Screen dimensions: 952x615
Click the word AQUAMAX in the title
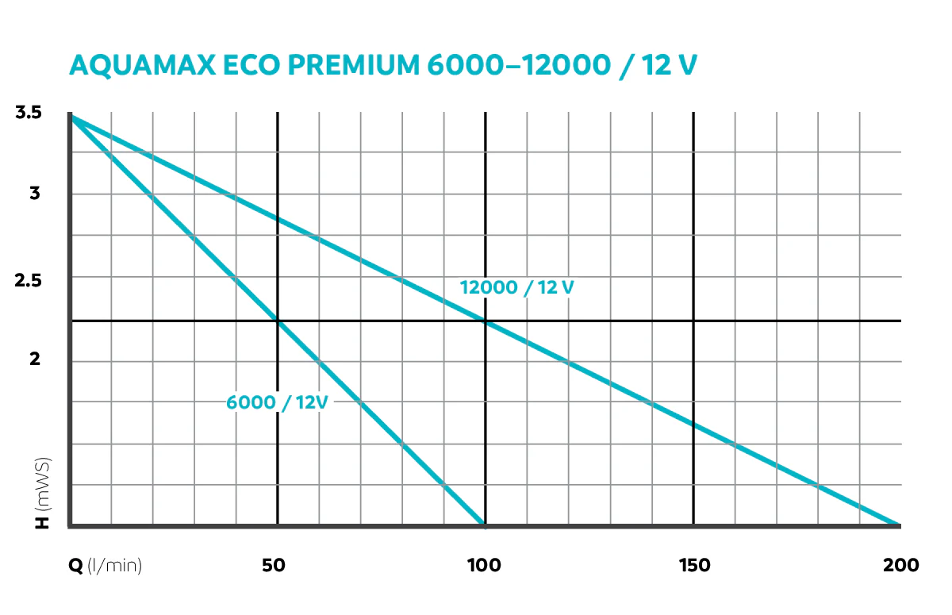pyautogui.click(x=142, y=65)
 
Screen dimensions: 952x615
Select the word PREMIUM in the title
pyautogui.click(x=354, y=65)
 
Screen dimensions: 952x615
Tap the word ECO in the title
pyautogui.click(x=251, y=65)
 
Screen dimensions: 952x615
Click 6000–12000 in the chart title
pyautogui.click(x=519, y=65)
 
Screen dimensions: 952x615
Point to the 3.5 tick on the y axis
pyautogui.click(x=29, y=113)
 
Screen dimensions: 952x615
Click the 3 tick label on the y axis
pyautogui.click(x=35, y=194)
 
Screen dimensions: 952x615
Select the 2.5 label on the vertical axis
pyautogui.click(x=29, y=280)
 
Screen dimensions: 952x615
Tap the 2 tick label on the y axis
pyautogui.click(x=35, y=359)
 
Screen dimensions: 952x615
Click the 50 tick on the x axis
pyautogui.click(x=273, y=565)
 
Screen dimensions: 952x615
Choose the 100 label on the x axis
pyautogui.click(x=484, y=565)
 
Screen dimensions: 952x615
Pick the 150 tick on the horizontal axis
pyautogui.click(x=694, y=565)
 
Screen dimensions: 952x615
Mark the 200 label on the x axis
pyautogui.click(x=900, y=565)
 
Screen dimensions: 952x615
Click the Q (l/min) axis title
pyautogui.click(x=105, y=566)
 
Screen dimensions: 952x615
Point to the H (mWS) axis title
pyautogui.click(x=42, y=493)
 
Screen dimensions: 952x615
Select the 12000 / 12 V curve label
pyautogui.click(x=516, y=288)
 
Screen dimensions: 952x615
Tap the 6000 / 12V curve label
pyautogui.click(x=277, y=402)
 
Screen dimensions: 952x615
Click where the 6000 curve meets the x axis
pyautogui.click(x=484, y=525)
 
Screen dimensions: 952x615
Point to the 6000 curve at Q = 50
pyautogui.click(x=278, y=321)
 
